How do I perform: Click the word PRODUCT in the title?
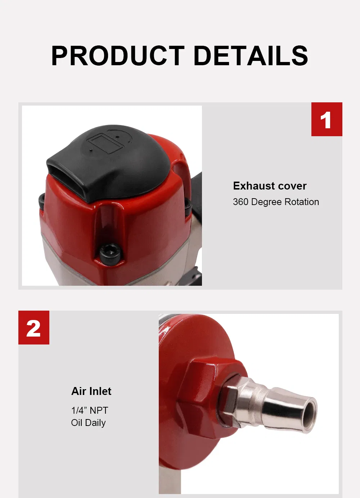[x=118, y=56]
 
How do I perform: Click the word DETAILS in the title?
[x=251, y=56]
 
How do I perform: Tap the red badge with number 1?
[x=327, y=119]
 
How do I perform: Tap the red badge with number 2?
[x=34, y=328]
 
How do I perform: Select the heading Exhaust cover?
[x=270, y=186]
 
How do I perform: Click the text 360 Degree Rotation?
[x=276, y=202]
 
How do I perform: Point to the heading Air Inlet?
[x=91, y=391]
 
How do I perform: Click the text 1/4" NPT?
[x=90, y=410]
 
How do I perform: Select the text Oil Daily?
[x=88, y=423]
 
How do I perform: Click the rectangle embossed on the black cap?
[x=104, y=142]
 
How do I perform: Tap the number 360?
[x=240, y=202]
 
